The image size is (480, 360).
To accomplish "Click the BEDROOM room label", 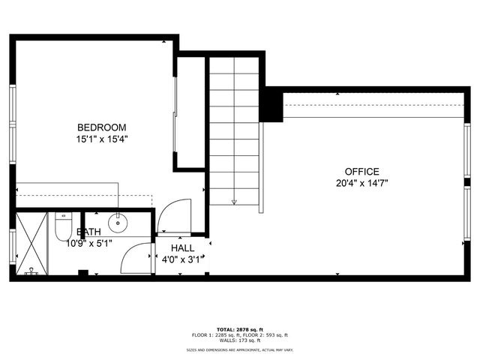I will [x=101, y=127].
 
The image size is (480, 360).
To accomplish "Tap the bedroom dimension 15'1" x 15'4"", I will [x=101, y=139].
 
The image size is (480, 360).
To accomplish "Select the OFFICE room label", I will [x=361, y=171].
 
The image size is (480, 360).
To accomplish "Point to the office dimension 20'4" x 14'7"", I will [x=361, y=182].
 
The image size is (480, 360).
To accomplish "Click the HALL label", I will [x=182, y=248].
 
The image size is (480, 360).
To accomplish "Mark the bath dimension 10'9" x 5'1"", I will [x=89, y=243].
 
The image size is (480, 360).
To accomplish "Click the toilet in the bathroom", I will [x=63, y=228].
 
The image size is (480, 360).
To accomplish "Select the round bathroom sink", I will [x=118, y=223].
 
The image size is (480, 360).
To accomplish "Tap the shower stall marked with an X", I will [x=31, y=244].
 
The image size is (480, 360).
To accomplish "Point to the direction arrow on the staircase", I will [x=234, y=200].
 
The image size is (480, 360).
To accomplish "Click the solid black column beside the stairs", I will [x=271, y=106].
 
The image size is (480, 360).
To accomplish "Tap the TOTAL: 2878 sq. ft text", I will [x=240, y=329].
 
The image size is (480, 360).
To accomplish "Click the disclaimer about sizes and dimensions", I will [x=240, y=350].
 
